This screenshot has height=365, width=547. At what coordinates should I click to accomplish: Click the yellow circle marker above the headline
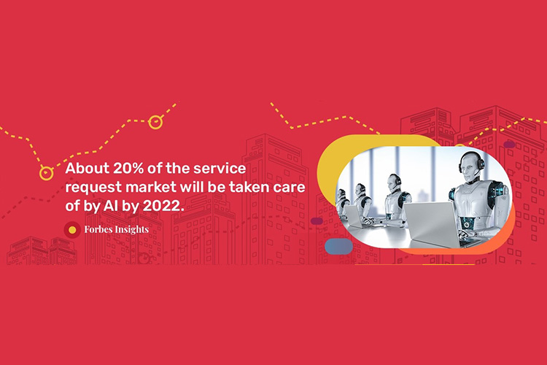coord(155,122)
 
